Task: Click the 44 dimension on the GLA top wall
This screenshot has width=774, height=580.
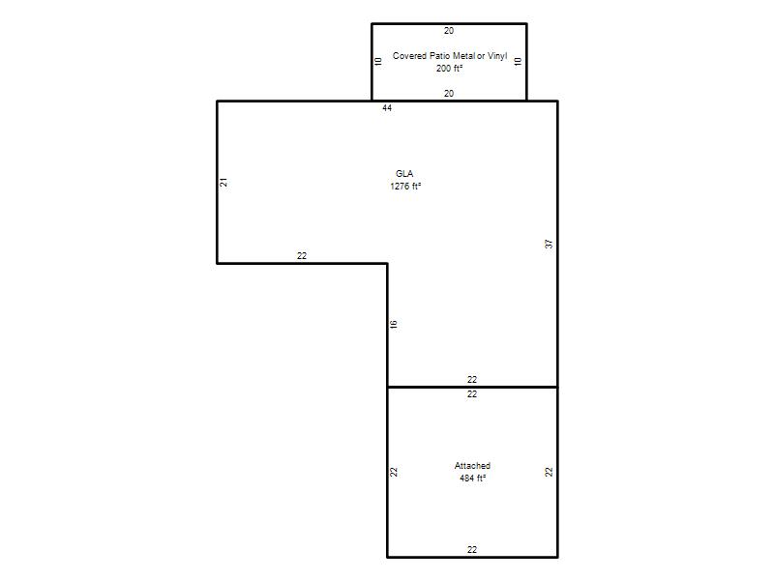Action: [387, 108]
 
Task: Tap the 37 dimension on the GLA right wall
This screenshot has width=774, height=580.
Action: [549, 244]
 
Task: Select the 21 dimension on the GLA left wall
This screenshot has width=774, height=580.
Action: [223, 182]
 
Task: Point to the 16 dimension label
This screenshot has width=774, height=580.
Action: [394, 324]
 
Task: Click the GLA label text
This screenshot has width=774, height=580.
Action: [404, 174]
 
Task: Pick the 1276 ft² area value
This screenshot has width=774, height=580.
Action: [405, 186]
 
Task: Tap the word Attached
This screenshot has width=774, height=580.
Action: [472, 466]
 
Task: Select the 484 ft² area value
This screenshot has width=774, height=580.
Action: [472, 478]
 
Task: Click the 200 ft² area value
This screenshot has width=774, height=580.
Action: [449, 69]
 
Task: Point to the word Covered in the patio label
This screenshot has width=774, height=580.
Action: [409, 56]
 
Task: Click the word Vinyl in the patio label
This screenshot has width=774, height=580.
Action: [497, 56]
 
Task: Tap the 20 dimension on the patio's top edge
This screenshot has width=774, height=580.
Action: [449, 31]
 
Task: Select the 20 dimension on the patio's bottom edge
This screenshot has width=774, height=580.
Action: [449, 93]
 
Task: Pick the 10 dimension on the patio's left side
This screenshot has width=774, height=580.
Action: [378, 62]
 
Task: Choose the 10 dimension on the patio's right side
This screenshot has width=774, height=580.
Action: [518, 62]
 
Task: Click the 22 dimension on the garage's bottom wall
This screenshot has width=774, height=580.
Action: [472, 549]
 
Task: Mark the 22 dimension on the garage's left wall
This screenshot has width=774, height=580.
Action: [394, 472]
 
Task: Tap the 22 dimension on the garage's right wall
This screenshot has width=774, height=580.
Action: [549, 472]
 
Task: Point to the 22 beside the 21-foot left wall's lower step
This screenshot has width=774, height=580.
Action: [302, 256]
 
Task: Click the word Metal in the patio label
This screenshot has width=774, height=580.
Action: [464, 56]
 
